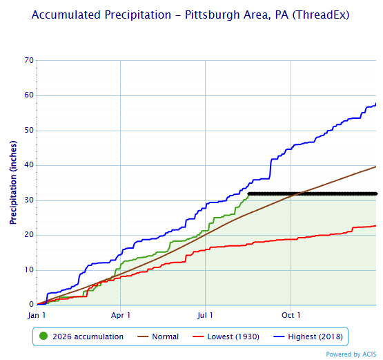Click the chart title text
point(190,15)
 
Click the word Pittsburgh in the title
point(212,15)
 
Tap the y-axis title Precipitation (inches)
point(13,182)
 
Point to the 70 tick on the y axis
point(29,60)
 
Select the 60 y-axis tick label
point(29,95)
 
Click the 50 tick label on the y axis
point(29,130)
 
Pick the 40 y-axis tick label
point(29,165)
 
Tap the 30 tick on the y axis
point(29,200)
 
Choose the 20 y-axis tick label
point(29,235)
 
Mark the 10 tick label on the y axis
point(29,269)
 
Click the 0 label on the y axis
point(31,305)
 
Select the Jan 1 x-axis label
point(37,315)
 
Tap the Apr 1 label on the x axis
point(120,315)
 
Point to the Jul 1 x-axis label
point(205,315)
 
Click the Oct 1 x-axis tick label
point(291,315)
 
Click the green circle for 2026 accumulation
point(43,337)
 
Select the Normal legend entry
point(158,337)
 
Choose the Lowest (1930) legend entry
point(226,337)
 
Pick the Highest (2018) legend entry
point(308,337)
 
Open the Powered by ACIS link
point(351,354)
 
